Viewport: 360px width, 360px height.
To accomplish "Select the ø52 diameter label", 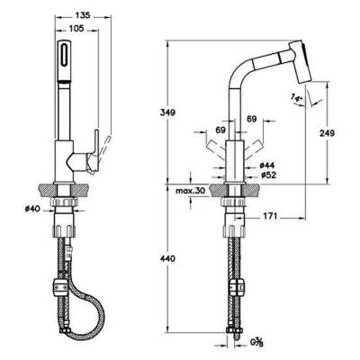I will click(267, 175).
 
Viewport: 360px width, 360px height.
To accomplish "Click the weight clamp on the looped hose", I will click(62, 288).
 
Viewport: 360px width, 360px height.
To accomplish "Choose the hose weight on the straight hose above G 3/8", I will click(236, 289).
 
